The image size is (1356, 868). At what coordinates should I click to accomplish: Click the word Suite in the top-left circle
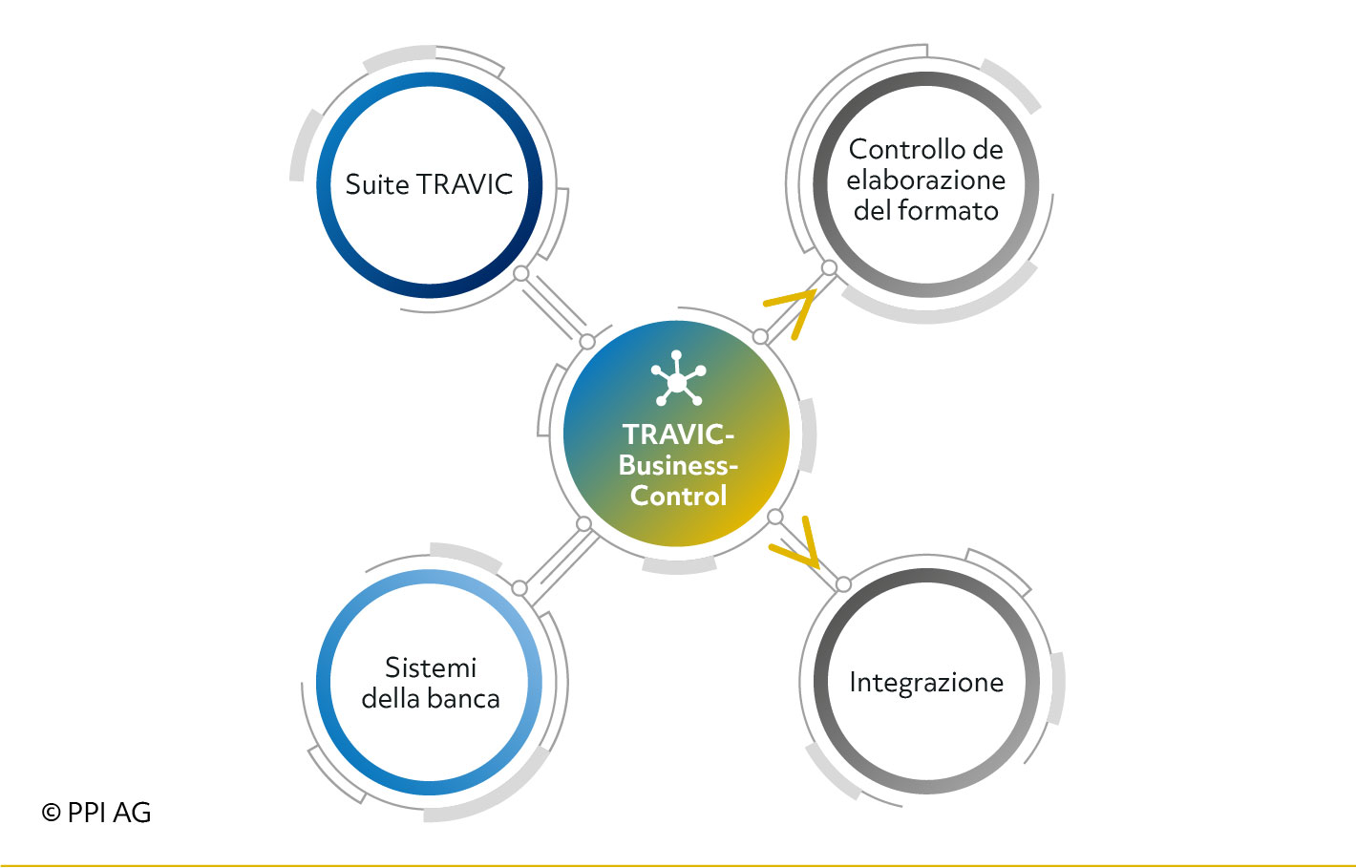click(376, 184)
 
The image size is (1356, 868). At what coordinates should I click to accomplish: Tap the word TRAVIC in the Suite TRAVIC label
click(465, 184)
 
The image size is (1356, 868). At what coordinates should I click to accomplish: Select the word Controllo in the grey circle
click(900, 150)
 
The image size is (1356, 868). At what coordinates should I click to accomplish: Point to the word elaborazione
click(925, 180)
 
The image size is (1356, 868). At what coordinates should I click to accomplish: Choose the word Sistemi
click(431, 668)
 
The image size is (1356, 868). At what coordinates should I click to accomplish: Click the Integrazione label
click(926, 683)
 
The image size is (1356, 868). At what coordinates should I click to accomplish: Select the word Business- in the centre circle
click(678, 465)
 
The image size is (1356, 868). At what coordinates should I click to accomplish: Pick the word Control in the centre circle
click(678, 496)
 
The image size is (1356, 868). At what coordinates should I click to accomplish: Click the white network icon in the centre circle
click(678, 378)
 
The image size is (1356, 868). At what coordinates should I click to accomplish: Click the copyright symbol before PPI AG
click(51, 813)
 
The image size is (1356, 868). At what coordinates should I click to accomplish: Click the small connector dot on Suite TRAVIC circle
click(520, 274)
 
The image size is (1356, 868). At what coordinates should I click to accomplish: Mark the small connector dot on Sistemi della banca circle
click(519, 588)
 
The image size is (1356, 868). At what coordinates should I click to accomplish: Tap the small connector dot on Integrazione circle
click(843, 584)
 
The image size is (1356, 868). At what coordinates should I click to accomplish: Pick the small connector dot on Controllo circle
click(829, 268)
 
